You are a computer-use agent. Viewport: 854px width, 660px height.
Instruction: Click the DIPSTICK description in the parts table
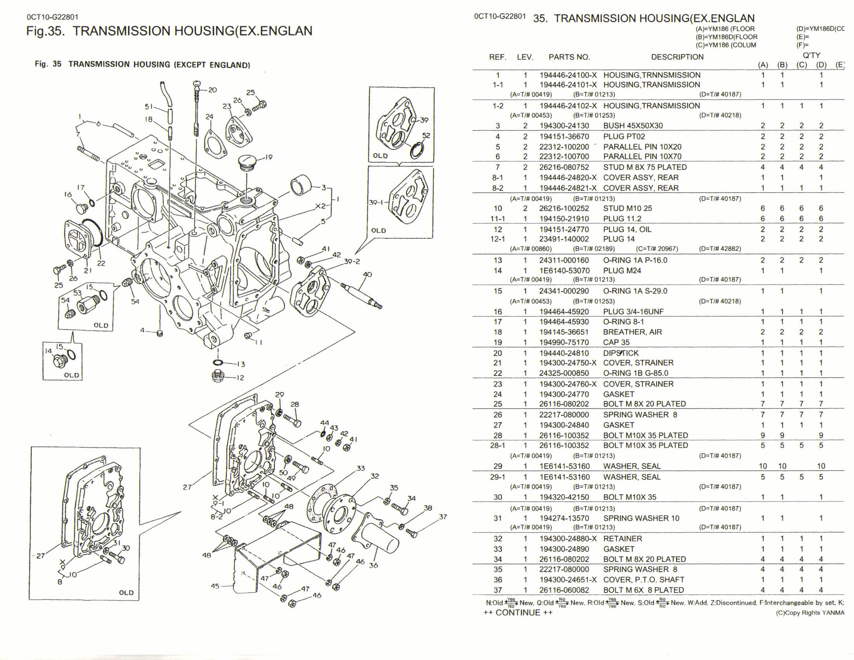point(621,353)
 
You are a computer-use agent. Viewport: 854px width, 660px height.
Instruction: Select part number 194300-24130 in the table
point(564,126)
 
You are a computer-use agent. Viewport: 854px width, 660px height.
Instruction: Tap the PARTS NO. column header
point(569,57)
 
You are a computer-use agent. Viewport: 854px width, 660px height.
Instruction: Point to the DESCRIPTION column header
point(677,57)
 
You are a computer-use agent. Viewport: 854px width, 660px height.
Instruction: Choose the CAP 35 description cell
point(616,342)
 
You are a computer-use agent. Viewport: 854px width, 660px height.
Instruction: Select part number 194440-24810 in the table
point(564,353)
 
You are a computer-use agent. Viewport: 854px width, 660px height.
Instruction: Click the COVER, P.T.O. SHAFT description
point(643,580)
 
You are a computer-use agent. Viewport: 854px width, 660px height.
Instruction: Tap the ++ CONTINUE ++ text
point(518,613)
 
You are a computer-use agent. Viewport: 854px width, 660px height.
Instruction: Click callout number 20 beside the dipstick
point(212,90)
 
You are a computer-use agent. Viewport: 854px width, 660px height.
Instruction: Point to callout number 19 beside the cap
point(268,158)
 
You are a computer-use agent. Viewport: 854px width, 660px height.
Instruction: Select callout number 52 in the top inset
point(426,135)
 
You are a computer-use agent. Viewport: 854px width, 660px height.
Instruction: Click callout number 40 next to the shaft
point(367,274)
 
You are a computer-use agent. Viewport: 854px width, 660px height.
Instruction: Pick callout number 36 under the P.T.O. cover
point(373,565)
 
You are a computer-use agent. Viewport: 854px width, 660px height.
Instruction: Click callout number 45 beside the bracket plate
point(215,586)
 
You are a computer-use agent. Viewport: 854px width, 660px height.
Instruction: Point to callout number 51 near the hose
point(149,106)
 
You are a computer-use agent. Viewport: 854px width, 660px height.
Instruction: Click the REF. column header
point(497,57)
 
